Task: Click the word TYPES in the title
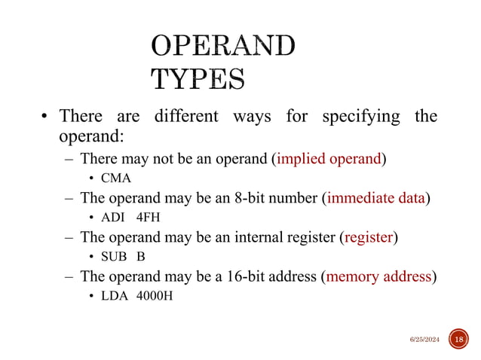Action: click(x=198, y=78)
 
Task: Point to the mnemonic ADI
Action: click(x=115, y=218)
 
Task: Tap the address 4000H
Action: click(x=154, y=295)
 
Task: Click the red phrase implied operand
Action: click(x=329, y=159)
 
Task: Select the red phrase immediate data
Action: click(x=376, y=198)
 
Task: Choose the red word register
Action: click(x=369, y=237)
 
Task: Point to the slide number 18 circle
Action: click(x=458, y=340)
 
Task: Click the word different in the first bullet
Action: click(x=185, y=117)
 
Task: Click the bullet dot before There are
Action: click(x=44, y=117)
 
